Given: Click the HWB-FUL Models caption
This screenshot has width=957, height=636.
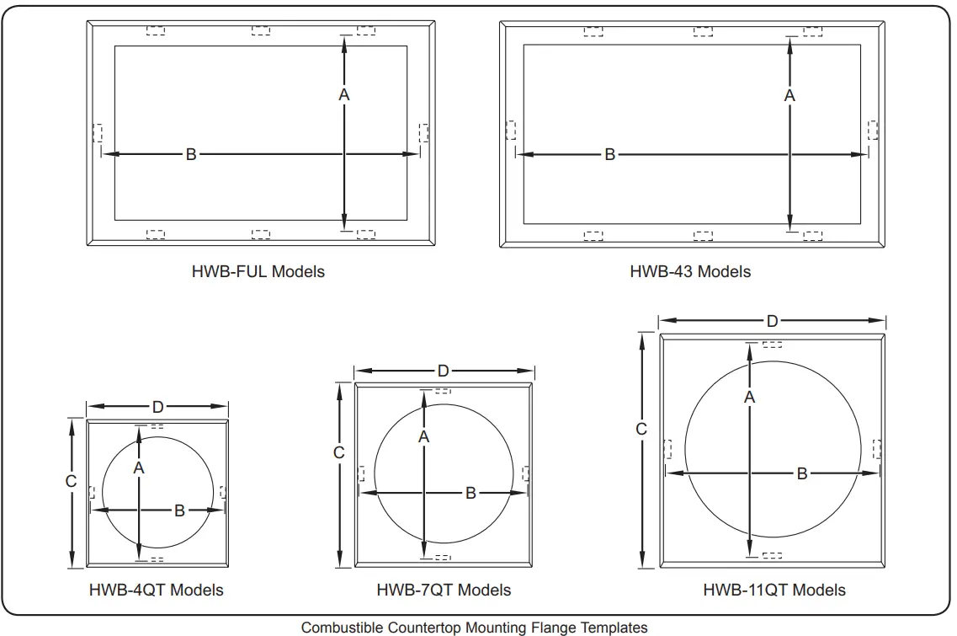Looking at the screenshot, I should [258, 271].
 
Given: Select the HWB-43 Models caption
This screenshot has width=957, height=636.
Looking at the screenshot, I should [690, 271].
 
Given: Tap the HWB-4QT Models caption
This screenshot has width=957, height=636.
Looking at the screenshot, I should [156, 590].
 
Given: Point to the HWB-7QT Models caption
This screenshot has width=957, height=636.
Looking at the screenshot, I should [444, 590].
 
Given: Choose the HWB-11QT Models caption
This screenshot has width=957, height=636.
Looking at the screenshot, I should [774, 590].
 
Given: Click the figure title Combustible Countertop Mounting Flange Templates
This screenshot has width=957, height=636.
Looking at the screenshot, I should [475, 628].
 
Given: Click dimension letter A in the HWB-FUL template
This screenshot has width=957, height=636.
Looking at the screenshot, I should [344, 95].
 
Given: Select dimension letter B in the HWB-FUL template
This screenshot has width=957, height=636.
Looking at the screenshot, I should [191, 154].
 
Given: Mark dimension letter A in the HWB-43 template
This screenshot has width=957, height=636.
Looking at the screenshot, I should [790, 96].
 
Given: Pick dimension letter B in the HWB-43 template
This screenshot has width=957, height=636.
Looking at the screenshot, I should [610, 154].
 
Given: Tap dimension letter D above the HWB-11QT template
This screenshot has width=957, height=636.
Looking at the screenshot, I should [772, 321].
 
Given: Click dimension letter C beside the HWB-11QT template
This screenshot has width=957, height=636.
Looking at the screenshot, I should [641, 429].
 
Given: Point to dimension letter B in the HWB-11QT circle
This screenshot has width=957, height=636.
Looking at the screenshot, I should [802, 474].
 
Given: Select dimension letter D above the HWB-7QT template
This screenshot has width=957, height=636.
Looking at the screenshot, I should [444, 371].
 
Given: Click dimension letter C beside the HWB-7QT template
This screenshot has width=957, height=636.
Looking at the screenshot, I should [339, 452].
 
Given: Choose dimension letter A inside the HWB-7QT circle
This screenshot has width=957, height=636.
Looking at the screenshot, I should [424, 436].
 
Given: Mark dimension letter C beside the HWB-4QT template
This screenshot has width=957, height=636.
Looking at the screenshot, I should [72, 482].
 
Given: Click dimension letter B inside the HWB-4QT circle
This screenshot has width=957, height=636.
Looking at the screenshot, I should [179, 510].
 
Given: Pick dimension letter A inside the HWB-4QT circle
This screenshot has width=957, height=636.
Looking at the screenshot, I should [140, 467].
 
